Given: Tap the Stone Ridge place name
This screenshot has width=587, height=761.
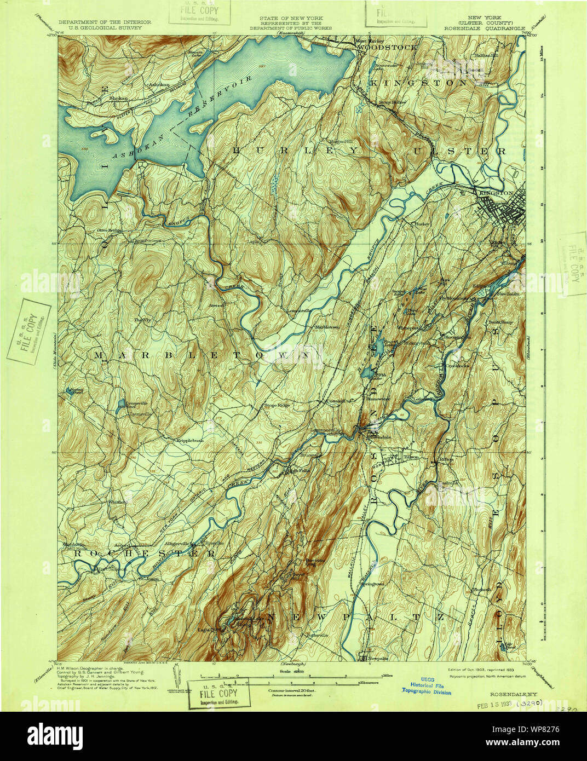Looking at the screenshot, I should [277, 405].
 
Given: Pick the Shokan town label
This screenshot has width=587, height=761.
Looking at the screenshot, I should [118, 98].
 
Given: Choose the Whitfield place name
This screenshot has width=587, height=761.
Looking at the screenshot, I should [117, 501].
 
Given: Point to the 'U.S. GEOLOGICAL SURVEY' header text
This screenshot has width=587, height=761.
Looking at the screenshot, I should [100, 27].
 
